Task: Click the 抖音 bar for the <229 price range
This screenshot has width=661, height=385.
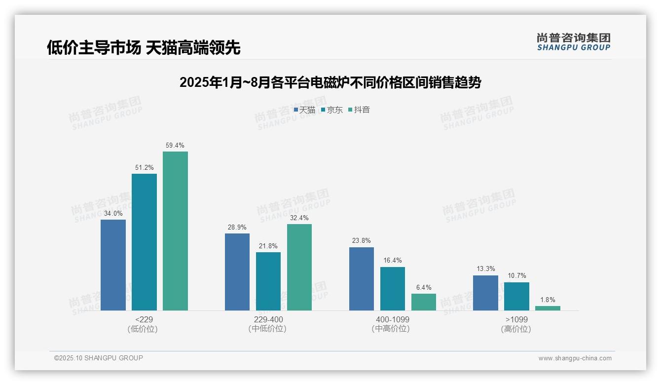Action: pyautogui.click(x=175, y=231)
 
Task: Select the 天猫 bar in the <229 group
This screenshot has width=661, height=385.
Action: pyautogui.click(x=113, y=265)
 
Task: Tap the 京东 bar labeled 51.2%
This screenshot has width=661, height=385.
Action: pyautogui.click(x=144, y=242)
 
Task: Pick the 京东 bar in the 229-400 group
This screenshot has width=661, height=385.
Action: pyautogui.click(x=268, y=281)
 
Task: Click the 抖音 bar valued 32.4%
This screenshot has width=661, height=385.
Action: pyautogui.click(x=299, y=267)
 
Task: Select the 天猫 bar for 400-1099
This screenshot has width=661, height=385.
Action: pyautogui.click(x=362, y=279)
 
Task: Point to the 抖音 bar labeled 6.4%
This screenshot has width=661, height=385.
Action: pyautogui.click(x=424, y=302)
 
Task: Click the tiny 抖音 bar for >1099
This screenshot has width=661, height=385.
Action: pyautogui.click(x=548, y=308)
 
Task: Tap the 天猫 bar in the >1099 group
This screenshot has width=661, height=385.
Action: pyautogui.click(x=485, y=293)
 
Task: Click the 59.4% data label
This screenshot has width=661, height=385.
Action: pyautogui.click(x=175, y=146)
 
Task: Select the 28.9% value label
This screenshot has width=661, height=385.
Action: pyautogui.click(x=237, y=228)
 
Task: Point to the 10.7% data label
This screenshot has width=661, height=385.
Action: pyautogui.click(x=516, y=276)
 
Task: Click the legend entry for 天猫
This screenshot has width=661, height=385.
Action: pyautogui.click(x=304, y=110)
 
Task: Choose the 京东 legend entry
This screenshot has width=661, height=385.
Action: pyautogui.click(x=331, y=110)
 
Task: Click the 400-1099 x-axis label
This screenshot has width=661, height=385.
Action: pyautogui.click(x=393, y=319)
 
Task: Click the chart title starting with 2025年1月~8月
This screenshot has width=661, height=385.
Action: pyautogui.click(x=330, y=82)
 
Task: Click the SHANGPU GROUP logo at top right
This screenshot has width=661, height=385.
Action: pyautogui.click(x=573, y=42)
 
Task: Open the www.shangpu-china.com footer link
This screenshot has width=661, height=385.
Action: pyautogui.click(x=575, y=358)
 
